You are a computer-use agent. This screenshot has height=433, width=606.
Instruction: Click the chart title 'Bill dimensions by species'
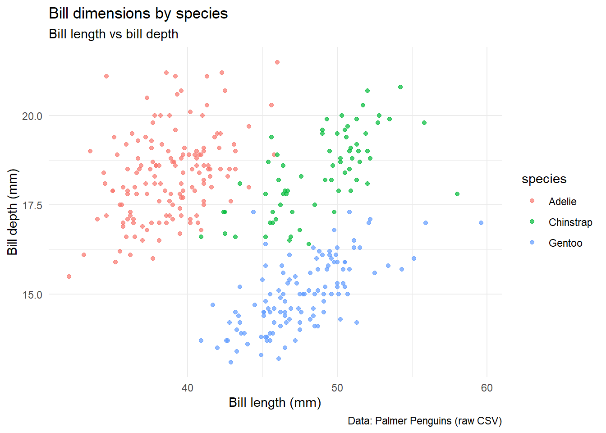pos(138,14)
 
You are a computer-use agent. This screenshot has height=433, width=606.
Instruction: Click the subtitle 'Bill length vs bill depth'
pos(113,34)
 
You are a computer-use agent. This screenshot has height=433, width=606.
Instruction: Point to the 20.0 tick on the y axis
pos(32,116)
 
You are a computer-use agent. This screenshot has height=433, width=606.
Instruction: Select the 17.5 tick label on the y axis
pos(32,205)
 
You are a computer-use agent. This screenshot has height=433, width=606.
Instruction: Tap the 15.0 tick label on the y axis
pos(32,295)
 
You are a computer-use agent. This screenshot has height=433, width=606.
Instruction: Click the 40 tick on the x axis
pos(187,388)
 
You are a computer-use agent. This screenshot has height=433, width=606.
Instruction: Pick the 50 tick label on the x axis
pos(337,388)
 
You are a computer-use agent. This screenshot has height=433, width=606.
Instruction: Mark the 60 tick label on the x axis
pos(487,388)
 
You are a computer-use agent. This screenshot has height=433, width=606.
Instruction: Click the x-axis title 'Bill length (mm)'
pos(275,402)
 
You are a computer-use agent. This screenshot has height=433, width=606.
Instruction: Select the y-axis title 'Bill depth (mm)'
pos(13,212)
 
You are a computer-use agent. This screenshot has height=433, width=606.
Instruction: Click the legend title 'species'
pos(544,179)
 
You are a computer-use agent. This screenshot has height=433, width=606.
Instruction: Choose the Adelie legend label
pos(562,202)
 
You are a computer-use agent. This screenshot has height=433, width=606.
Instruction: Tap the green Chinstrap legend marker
pos(532,222)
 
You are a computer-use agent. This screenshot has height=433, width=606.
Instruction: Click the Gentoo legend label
pos(565,243)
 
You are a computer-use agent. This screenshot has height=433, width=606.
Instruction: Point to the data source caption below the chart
pos(424,421)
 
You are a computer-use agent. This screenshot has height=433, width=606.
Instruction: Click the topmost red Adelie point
pos(277,62)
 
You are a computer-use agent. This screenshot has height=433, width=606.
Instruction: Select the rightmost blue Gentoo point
pos(481,223)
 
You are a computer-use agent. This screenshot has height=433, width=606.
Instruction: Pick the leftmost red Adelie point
pos(69,276)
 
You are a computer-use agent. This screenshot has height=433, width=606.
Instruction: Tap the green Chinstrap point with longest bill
pos(457,194)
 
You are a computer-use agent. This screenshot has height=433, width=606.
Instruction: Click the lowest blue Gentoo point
pos(231,362)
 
